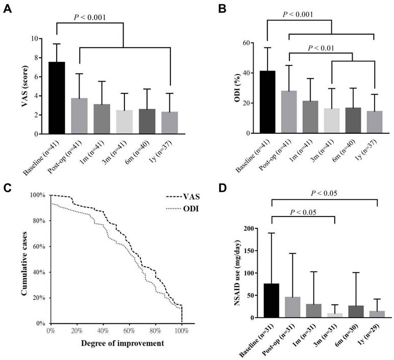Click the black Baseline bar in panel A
click(57, 98)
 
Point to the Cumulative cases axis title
click(24, 259)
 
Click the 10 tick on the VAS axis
click(33, 38)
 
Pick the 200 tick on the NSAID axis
click(250, 229)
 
